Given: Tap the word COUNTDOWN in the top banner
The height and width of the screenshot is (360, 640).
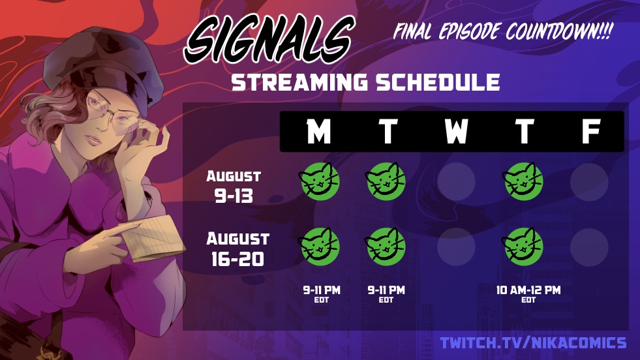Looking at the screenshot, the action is coord(559,31).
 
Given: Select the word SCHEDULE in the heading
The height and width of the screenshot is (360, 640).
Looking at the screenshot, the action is coord(438,82).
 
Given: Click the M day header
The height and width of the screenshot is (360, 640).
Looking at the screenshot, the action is coord(318,131).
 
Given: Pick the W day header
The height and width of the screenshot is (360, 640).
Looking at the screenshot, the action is coord(455,131).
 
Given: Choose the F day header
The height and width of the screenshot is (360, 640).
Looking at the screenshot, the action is coord(590,131).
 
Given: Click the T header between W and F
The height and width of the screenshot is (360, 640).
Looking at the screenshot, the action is coord(525,131).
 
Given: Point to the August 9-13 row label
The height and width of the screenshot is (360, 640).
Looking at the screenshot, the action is coord(234,187).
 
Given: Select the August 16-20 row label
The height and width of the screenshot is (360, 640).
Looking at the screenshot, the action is coord(237,249).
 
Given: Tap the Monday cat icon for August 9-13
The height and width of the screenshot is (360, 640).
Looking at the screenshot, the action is coord(320,181).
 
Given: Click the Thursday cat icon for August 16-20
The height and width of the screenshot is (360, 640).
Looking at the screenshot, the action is coord(523,247).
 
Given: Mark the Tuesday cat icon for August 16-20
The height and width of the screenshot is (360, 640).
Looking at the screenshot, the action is coord(386,247).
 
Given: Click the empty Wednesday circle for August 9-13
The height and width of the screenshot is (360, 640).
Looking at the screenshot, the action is coord(456,182).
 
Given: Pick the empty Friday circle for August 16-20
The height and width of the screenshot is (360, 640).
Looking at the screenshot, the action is coord(589,247).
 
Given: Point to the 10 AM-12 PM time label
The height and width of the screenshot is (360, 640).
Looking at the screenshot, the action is coord(528,290).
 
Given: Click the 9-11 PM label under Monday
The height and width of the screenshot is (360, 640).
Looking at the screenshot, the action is coord(321,290).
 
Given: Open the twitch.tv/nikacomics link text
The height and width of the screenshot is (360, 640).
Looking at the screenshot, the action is coord(533,343).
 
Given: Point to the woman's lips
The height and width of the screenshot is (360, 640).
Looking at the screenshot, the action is coord(93,140).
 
